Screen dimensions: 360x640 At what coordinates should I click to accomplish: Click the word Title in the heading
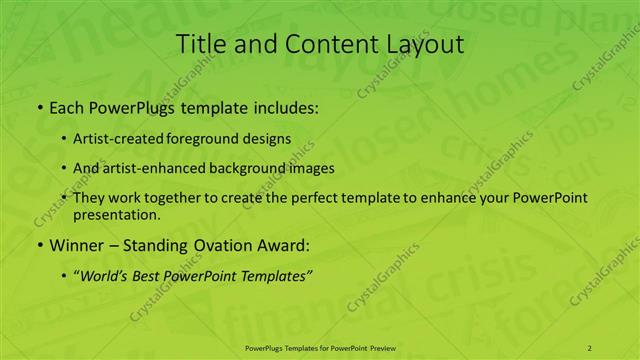point(199,44)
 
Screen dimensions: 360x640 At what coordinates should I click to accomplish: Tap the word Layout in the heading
point(421,44)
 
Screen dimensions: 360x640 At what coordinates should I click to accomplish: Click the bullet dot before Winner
point(39,245)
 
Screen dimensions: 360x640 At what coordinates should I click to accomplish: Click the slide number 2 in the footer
point(589,347)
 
